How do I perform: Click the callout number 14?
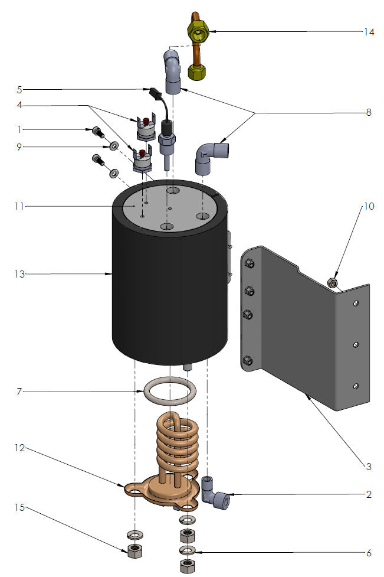[369, 32]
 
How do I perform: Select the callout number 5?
[19, 90]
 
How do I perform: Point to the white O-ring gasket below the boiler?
[170, 390]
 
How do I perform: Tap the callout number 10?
[369, 206]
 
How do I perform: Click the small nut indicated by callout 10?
[333, 283]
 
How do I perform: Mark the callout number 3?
[369, 467]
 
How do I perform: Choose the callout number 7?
[19, 392]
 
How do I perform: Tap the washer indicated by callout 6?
[187, 550]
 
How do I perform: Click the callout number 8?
[369, 112]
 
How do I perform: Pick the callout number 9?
[19, 146]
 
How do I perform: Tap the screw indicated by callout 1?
[96, 131]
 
